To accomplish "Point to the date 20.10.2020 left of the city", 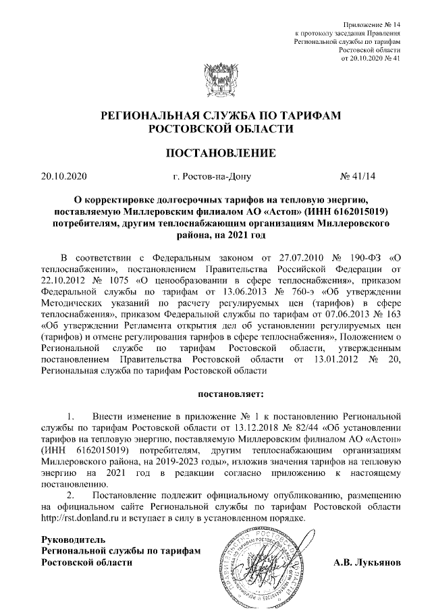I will [64, 177].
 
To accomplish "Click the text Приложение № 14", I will [375, 24].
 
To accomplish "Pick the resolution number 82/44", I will [307, 427].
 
